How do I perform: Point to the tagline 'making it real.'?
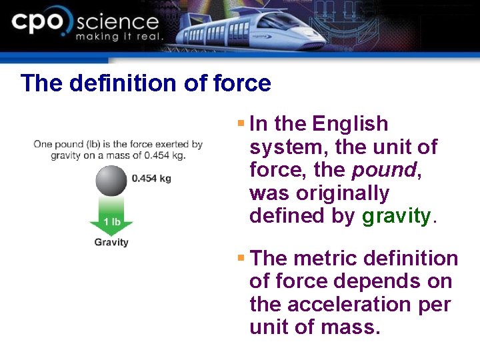(x=119, y=37)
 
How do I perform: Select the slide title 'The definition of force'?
(x=145, y=83)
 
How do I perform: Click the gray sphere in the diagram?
(x=111, y=181)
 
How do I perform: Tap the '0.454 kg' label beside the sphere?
(x=151, y=179)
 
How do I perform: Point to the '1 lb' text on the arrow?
(x=111, y=221)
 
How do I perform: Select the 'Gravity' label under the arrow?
(x=111, y=242)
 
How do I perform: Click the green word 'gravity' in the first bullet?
(x=397, y=216)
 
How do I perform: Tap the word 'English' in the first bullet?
(x=350, y=124)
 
